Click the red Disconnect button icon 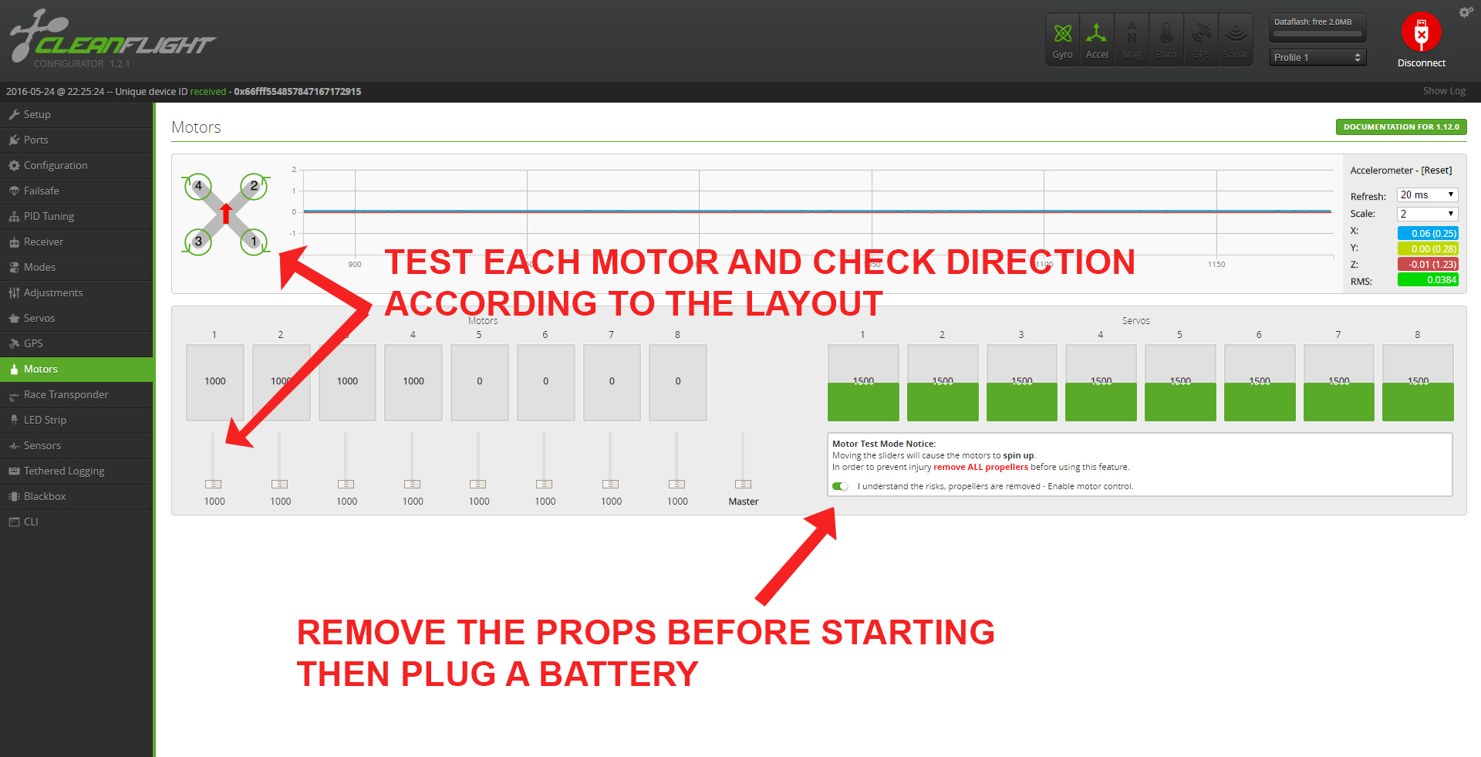(1421, 32)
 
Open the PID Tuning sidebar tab (49, 216)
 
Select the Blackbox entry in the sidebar (45, 496)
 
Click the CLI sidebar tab (31, 522)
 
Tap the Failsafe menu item (41, 191)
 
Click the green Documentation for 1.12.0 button (1401, 127)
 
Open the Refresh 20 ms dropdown (1427, 194)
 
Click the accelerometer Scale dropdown (1427, 214)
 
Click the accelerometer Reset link (1436, 171)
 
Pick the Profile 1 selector (1317, 57)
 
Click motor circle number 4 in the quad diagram (198, 186)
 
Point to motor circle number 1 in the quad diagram (254, 242)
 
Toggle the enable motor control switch (841, 486)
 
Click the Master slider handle (743, 484)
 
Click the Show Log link (1444, 91)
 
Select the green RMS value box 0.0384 (1427, 280)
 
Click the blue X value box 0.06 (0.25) (1427, 233)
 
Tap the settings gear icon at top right (1466, 12)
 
